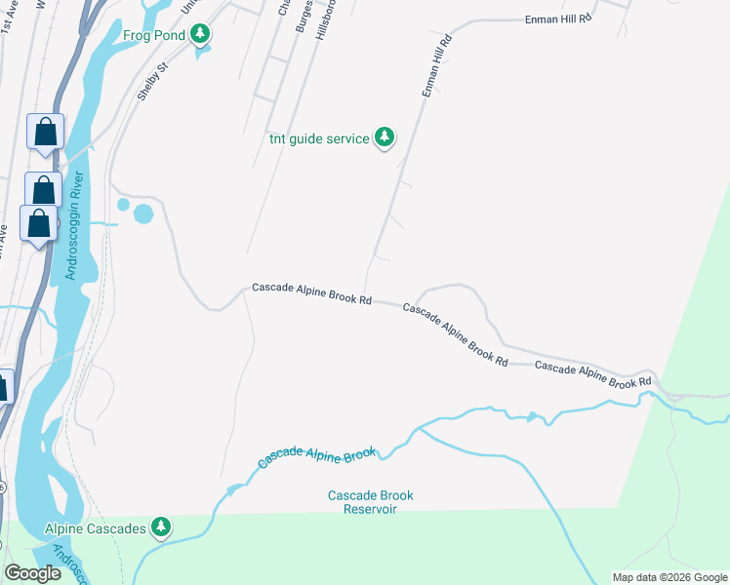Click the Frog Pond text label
154,36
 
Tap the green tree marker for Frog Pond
200,36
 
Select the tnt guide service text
320,138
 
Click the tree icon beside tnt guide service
385,137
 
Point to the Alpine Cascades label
95,528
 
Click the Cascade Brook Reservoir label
370,502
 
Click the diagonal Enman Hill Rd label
436,66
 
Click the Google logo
32,573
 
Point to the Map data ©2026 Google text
669,577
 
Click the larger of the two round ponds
142,214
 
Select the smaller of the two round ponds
123,205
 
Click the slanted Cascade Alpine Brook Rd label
456,334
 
